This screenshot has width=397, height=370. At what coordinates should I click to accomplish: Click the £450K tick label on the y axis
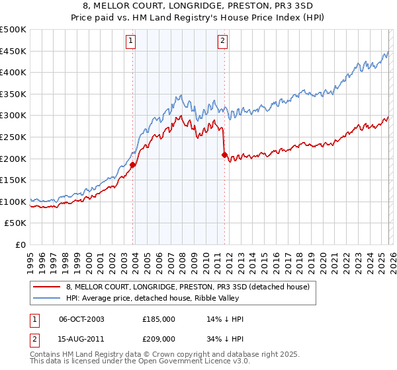13,51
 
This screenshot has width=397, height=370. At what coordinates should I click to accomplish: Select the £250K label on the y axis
13,137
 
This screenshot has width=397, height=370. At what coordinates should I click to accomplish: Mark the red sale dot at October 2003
133,165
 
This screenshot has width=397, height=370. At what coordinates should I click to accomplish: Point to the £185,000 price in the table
159,319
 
